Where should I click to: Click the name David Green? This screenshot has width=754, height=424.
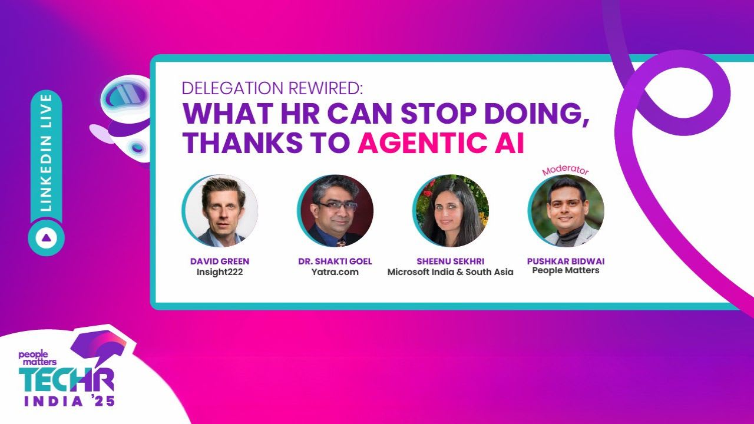click(x=219, y=261)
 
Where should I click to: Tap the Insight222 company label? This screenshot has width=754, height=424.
click(x=219, y=272)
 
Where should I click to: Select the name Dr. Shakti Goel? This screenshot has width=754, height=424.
click(x=335, y=261)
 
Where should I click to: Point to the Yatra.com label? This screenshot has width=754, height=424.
click(x=335, y=272)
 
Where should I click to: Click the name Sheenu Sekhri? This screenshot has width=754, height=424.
click(x=450, y=261)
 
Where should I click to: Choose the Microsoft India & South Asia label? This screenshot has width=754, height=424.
click(x=450, y=272)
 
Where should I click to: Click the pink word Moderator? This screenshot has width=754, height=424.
click(x=565, y=171)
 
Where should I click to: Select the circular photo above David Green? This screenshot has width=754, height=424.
click(x=220, y=211)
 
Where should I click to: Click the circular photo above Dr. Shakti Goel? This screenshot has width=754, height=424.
click(x=335, y=211)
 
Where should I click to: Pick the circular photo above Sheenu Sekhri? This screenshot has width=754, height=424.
click(x=451, y=211)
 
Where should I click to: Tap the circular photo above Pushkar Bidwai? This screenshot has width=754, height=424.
click(x=566, y=211)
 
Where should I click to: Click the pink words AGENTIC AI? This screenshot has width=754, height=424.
click(x=441, y=143)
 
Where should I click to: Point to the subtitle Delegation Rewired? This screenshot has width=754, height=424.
click(x=272, y=88)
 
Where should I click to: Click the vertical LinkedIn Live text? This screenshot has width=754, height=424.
click(x=47, y=152)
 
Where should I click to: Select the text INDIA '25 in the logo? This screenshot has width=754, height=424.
click(x=70, y=402)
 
